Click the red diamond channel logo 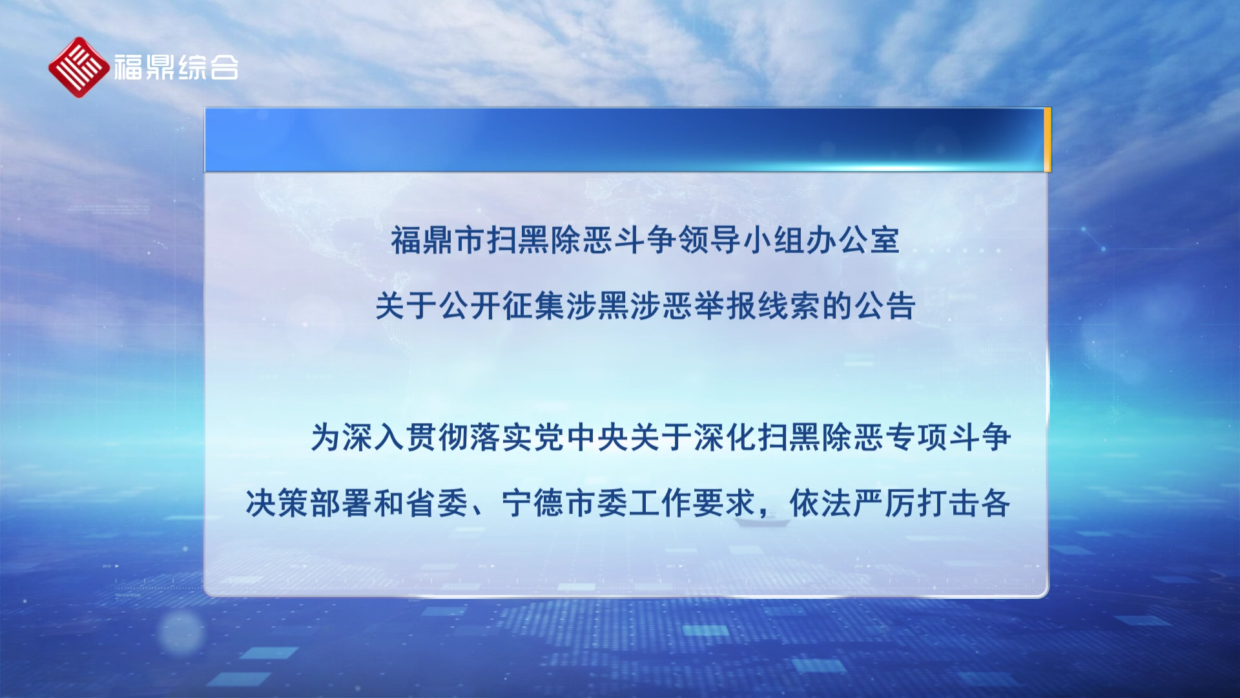[79, 67]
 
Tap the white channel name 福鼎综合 [176, 67]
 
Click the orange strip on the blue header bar [1047, 140]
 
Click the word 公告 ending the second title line [885, 306]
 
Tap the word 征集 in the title [533, 306]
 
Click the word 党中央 [581, 438]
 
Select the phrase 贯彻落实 [470, 438]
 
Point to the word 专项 [916, 438]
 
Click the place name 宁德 [533, 503]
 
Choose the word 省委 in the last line [437, 503]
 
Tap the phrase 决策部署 [309, 503]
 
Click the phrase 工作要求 [692, 503]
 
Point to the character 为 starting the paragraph [326, 438]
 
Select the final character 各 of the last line [996, 503]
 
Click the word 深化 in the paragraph [725, 438]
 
